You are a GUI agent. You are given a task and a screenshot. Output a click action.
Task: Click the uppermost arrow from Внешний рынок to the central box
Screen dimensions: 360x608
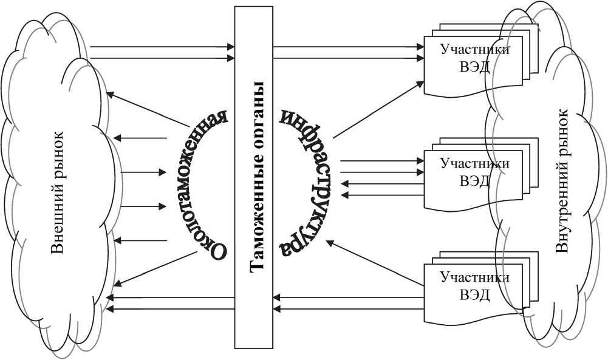[x=162, y=46]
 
